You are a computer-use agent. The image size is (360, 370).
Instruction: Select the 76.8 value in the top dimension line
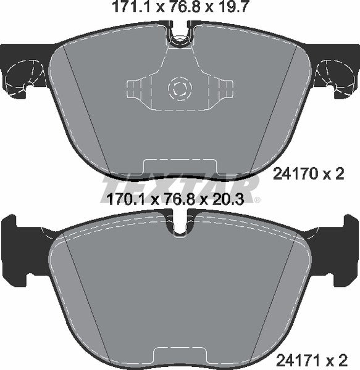tap(183, 7)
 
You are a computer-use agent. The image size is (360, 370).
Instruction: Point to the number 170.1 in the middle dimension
tap(128, 199)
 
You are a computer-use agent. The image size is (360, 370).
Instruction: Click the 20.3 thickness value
tap(228, 199)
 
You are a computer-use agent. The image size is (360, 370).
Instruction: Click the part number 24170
tap(295, 175)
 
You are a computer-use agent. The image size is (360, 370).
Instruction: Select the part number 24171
tap(298, 361)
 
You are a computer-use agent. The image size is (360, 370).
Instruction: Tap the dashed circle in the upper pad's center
tap(180, 88)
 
